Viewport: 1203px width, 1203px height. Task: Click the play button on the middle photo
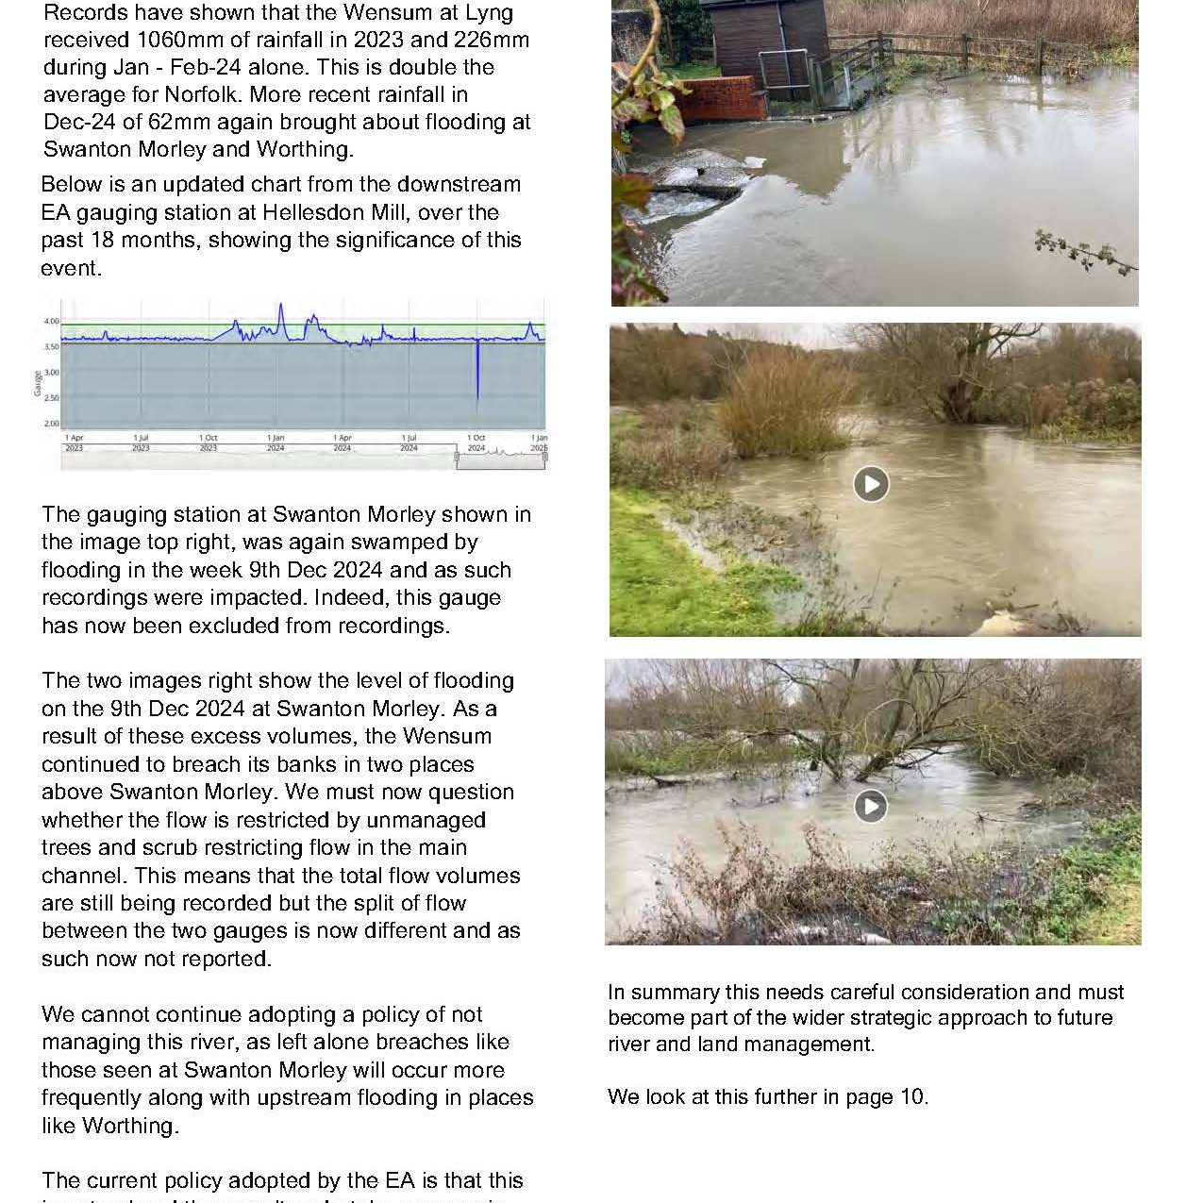871,484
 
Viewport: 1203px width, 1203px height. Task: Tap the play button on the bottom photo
870,806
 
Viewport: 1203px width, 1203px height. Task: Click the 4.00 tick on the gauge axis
51,322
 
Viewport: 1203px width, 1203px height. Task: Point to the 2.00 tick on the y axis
51,424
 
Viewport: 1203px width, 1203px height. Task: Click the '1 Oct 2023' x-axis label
208,443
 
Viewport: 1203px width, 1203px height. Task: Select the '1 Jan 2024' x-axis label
275,443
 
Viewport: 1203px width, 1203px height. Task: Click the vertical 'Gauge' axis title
38,382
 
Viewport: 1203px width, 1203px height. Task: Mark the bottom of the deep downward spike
477,400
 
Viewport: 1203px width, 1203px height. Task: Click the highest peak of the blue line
281,305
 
